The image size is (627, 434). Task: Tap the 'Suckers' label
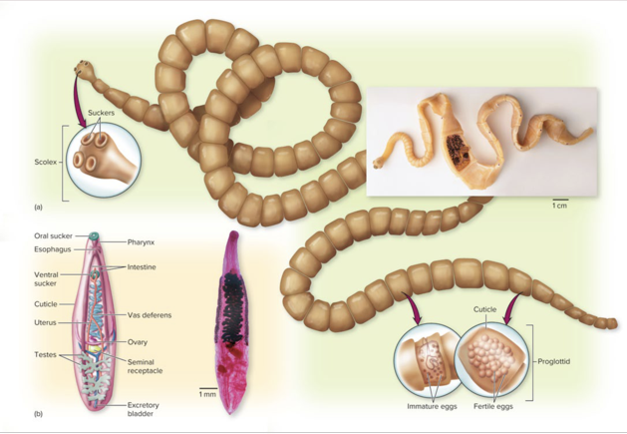[102, 113]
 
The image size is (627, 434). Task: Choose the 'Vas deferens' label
[150, 315]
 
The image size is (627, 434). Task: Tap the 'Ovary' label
[138, 341]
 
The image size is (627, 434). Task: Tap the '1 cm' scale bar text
[559, 207]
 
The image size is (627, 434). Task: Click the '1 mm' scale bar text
[207, 393]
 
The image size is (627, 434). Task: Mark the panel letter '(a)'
[39, 207]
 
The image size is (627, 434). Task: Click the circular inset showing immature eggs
[426, 361]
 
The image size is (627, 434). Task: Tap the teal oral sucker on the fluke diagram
[94, 236]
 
